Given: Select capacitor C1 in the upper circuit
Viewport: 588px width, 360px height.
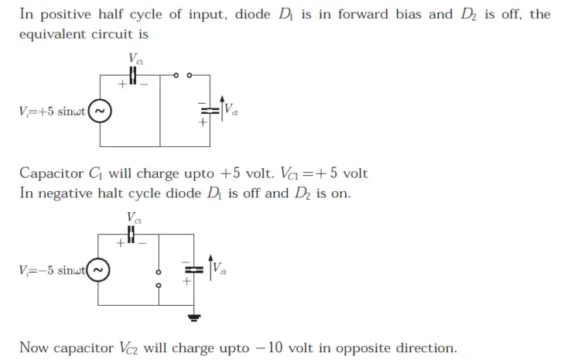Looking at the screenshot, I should tap(132, 75).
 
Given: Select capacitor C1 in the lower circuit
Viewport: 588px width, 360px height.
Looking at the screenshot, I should tap(132, 233).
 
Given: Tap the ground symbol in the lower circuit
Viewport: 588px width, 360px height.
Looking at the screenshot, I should tap(194, 317).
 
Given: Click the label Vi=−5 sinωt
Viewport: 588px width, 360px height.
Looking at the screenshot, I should tap(52, 269).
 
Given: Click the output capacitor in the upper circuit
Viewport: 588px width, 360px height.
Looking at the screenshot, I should tap(203, 111).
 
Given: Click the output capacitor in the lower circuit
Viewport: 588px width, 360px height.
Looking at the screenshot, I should tap(193, 269).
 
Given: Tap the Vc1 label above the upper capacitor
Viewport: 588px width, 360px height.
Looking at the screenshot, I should tap(135, 58).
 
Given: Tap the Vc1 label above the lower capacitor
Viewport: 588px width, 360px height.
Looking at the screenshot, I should tap(135, 217).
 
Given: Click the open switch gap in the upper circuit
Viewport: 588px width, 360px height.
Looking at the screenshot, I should tap(183, 76).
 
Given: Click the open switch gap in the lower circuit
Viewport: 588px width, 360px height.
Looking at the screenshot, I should tap(158, 279).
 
